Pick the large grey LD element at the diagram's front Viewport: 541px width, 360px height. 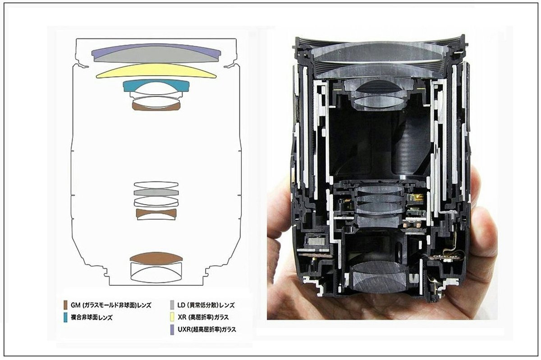(156, 55)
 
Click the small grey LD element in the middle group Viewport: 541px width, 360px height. (156, 192)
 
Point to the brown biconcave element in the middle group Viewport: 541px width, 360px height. (156, 213)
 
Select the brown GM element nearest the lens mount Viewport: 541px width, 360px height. (156, 257)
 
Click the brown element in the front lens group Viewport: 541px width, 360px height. (156, 105)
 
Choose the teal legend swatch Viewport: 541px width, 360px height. (66, 317)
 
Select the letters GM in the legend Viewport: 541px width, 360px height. (76, 305)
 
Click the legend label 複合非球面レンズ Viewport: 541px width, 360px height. (92, 317)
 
